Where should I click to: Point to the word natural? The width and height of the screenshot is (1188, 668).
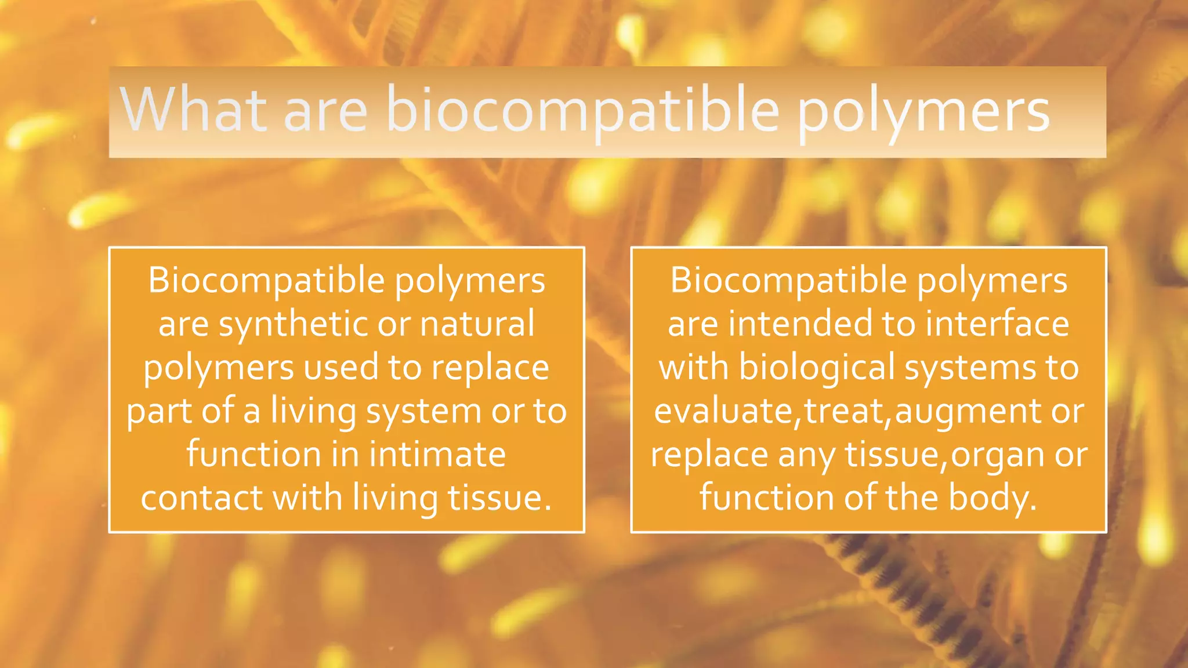(477, 324)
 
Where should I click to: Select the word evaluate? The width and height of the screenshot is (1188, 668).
(723, 411)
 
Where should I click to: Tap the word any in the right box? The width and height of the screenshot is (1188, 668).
(806, 455)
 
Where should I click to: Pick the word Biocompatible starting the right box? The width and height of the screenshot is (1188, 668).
(788, 281)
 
